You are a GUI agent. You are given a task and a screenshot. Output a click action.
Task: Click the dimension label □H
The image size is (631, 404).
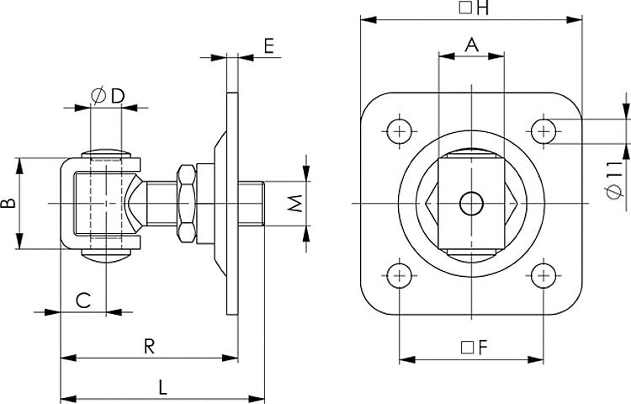473,9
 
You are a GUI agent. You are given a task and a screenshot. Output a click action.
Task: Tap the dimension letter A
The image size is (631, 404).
472,45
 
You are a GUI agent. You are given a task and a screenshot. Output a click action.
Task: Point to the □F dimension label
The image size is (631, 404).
473,347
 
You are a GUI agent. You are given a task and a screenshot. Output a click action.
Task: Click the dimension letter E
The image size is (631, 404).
268,45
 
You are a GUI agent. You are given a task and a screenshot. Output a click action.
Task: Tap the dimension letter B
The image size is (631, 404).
8,204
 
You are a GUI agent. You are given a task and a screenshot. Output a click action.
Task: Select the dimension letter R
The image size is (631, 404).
149,345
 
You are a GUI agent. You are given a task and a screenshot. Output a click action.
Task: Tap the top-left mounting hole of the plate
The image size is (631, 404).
398,130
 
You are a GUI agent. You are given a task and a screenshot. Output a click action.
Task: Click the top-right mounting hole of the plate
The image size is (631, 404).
544,130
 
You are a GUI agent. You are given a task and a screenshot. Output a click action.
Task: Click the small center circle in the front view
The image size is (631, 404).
471,203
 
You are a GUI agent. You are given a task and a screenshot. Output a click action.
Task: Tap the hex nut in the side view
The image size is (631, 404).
187,203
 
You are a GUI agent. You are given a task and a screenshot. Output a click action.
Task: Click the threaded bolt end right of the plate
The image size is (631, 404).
252,203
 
